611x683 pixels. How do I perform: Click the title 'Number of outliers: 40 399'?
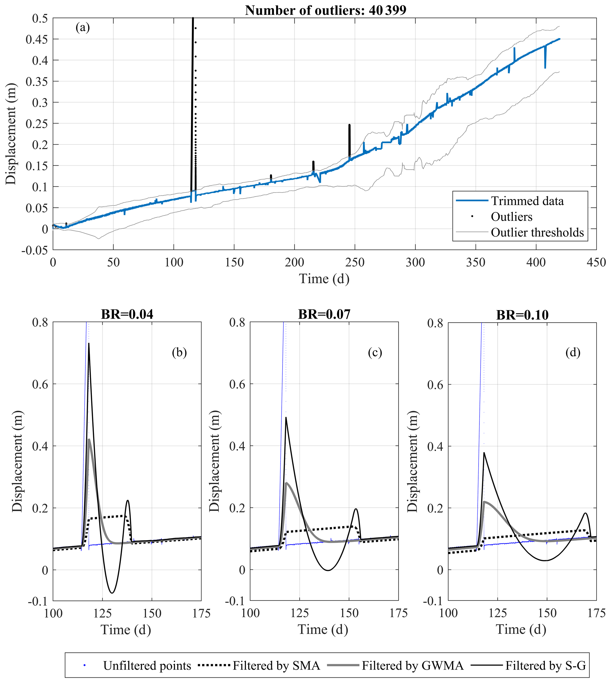[x=325, y=10]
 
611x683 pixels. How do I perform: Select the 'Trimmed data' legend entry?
[x=527, y=201]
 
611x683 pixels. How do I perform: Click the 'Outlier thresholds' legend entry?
[x=537, y=232]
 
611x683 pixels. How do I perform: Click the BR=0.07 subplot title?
[x=324, y=314]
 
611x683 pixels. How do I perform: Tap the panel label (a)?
[x=82, y=27]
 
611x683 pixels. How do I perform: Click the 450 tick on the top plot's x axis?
[x=596, y=262]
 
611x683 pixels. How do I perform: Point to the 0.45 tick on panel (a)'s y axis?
[x=37, y=40]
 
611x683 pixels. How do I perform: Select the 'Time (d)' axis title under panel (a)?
[x=324, y=279]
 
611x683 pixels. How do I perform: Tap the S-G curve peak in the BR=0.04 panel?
[x=89, y=343]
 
